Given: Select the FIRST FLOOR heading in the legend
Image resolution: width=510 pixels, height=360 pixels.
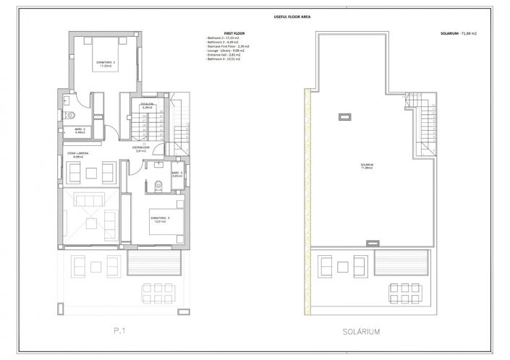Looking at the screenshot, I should click(x=234, y=33).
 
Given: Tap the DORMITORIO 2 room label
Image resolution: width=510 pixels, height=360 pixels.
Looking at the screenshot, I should click(x=106, y=64).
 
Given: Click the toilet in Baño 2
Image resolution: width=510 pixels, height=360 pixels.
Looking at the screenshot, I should click(x=71, y=116).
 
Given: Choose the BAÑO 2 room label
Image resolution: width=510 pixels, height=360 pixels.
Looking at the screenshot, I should click(x=80, y=131).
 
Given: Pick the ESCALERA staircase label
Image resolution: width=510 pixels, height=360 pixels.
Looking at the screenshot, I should click(x=148, y=106).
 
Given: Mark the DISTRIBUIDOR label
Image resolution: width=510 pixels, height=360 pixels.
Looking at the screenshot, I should click(x=141, y=149).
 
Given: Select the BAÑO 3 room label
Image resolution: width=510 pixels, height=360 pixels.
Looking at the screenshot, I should click(x=176, y=175).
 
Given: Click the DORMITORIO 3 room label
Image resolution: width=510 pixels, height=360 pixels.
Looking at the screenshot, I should click(x=160, y=219).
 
